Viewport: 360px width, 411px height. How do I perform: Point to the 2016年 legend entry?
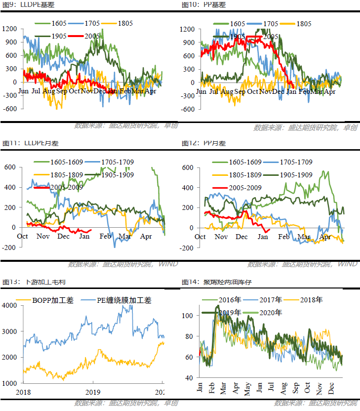pyautogui.click(x=230, y=300)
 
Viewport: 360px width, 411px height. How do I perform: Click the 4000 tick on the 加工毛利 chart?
pyautogui.click(x=9, y=305)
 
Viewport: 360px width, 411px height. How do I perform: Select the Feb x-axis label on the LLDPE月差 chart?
pyautogui.click(x=105, y=236)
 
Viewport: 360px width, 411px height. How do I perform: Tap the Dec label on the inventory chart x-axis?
pyautogui.click(x=331, y=387)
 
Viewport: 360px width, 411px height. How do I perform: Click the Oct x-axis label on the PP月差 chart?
pyautogui.click(x=200, y=237)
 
